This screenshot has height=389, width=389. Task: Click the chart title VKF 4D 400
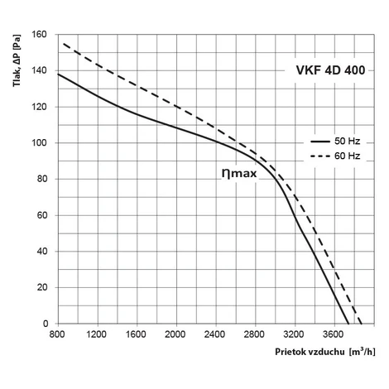coord(330,70)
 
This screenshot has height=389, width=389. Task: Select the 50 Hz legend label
coord(348,142)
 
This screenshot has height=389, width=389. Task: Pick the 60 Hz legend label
coord(348,156)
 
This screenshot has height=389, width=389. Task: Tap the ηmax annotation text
coord(239,174)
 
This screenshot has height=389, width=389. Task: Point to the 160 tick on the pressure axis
coord(39,35)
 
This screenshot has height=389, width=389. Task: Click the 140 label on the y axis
coord(39,70)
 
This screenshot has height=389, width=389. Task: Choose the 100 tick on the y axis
coord(39,143)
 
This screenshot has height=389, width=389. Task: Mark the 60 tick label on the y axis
coord(42,215)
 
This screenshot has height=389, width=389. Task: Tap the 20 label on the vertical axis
coord(42,287)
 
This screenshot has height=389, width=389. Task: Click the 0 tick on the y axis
coord(46,324)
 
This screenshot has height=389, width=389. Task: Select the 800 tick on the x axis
coord(57,334)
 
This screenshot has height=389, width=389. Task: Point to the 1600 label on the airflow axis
coord(136,334)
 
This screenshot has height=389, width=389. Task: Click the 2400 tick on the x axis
coord(214,334)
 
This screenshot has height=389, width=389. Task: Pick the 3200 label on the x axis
coord(294,334)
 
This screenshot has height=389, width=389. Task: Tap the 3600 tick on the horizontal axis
coord(333,334)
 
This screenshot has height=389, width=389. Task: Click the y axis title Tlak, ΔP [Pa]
coord(17,60)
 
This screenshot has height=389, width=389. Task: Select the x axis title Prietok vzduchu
coord(310,352)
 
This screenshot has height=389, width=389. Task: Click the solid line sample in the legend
coord(320,142)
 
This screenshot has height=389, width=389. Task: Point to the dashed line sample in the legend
coord(320,156)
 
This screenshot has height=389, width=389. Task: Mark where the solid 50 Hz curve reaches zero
coord(348,324)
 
